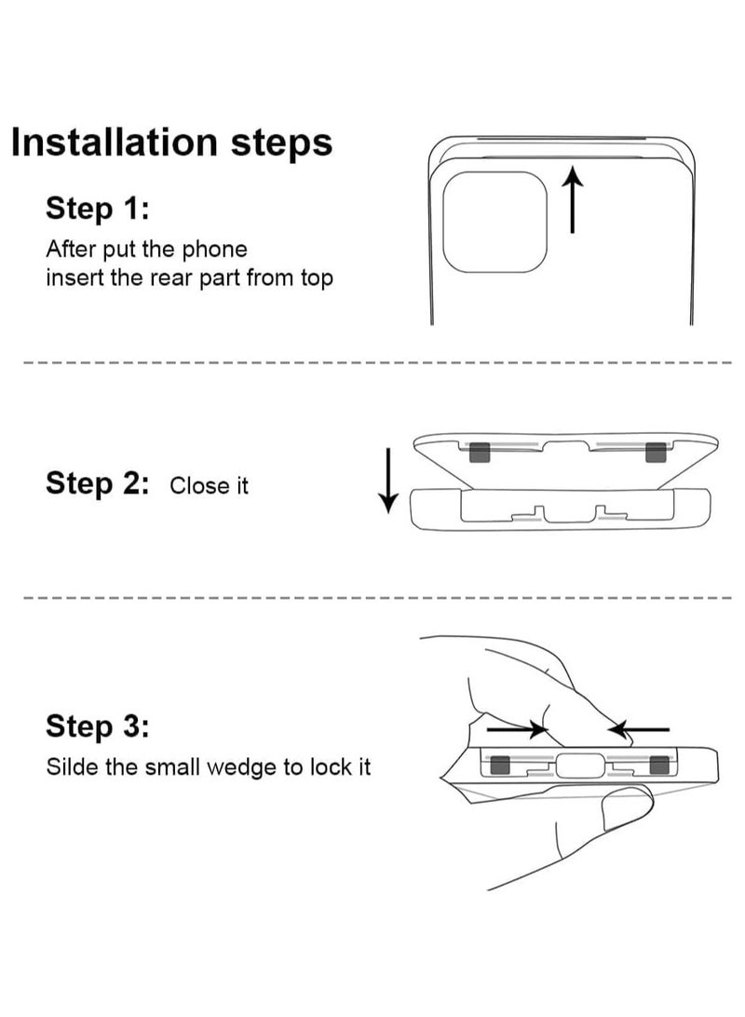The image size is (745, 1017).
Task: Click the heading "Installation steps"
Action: click(172, 142)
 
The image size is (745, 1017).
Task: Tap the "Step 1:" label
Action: click(97, 209)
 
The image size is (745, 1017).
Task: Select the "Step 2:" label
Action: click(97, 484)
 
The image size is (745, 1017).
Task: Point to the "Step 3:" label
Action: click(97, 725)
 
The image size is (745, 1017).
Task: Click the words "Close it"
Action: click(209, 486)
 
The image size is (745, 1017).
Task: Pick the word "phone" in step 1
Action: click(214, 250)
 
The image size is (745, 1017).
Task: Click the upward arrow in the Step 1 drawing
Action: click(572, 199)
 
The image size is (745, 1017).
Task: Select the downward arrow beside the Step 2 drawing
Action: click(388, 481)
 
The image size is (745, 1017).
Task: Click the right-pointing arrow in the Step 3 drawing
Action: click(518, 729)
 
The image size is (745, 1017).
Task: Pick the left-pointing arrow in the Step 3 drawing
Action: click(640, 729)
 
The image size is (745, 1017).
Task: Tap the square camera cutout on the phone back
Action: click(495, 223)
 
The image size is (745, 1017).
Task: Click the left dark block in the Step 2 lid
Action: click(480, 452)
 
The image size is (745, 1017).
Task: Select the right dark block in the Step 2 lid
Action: click(657, 452)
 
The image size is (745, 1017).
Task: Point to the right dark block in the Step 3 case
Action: click(659, 766)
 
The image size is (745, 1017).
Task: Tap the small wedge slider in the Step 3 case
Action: click(579, 766)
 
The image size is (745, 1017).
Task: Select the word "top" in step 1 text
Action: click(317, 278)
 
